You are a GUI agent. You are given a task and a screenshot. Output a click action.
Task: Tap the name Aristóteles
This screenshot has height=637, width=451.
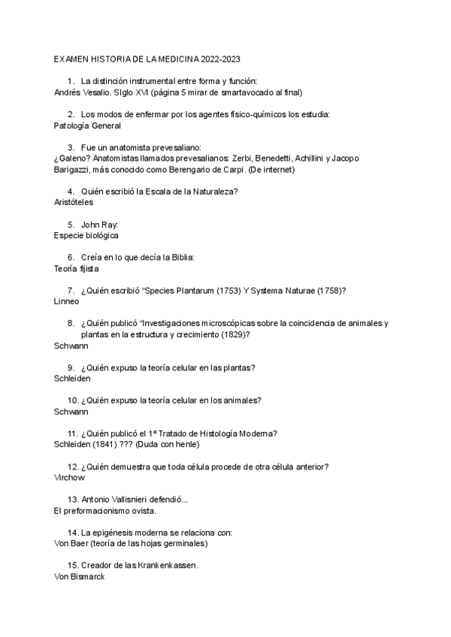point(77,202)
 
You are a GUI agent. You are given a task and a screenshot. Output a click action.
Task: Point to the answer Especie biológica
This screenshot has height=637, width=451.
point(86,235)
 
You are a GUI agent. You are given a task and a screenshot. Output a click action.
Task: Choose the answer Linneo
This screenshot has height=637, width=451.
point(67,300)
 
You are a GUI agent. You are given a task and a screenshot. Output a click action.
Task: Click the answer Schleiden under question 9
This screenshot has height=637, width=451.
point(74,379)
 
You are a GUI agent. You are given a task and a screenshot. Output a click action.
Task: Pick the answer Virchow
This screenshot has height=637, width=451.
point(70,477)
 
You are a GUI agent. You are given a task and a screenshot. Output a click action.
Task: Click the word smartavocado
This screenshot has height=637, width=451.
point(236,92)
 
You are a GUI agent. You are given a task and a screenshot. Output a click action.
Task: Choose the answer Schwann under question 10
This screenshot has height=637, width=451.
point(71,411)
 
